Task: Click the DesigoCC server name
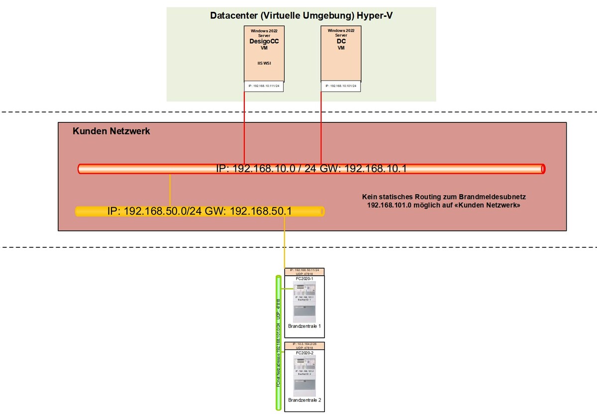pos(264,42)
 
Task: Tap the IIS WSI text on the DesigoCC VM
pos(264,63)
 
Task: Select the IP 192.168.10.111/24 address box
pos(264,86)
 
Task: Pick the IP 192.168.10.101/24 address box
pos(341,86)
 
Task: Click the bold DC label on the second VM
pos(341,42)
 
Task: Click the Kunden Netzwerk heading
pos(111,131)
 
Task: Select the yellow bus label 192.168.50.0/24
pos(199,211)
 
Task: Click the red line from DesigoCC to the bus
pos(244,129)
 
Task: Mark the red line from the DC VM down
pos(321,129)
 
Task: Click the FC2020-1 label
pos(304,279)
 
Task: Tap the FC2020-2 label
pos(304,353)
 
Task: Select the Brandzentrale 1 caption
pos(304,326)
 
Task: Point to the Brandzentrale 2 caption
pos(304,400)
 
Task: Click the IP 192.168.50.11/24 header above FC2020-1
pos(304,272)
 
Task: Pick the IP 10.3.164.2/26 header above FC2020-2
pos(304,346)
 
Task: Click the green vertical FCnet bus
pos(279,343)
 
